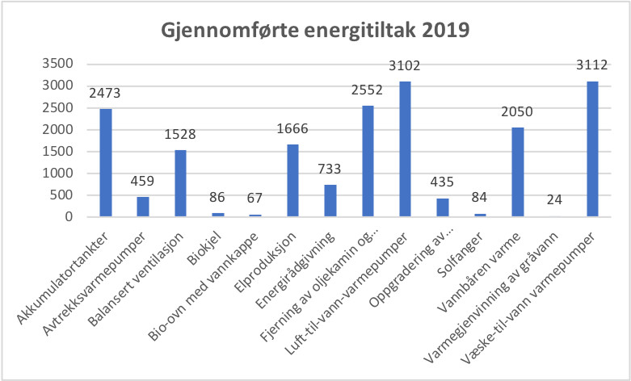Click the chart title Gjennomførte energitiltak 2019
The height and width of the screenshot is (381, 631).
[316, 32]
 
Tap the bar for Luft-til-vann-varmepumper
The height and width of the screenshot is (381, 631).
[405, 149]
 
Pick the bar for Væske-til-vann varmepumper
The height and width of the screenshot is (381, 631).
[592, 149]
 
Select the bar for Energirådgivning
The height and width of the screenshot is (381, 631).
[330, 200]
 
